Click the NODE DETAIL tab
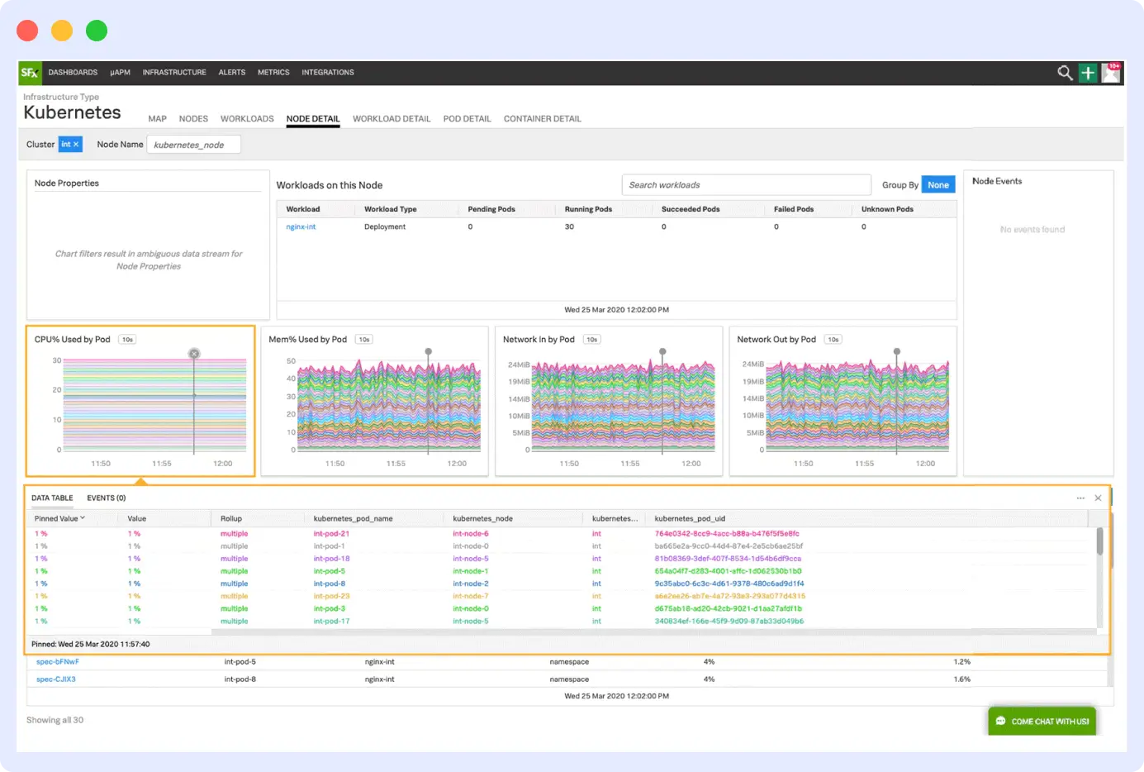313,119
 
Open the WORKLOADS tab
247,119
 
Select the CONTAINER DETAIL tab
542,119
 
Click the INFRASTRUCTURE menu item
174,73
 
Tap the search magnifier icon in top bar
1065,74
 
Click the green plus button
1088,74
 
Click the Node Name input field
193,145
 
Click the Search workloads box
745,185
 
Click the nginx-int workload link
301,226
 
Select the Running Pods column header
588,209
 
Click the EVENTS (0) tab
107,498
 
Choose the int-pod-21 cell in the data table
331,534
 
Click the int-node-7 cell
471,596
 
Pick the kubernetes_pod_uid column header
690,519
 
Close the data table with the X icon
1098,498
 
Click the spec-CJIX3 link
56,679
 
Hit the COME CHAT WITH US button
1042,722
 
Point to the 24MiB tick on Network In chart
519,365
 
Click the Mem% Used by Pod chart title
307,340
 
